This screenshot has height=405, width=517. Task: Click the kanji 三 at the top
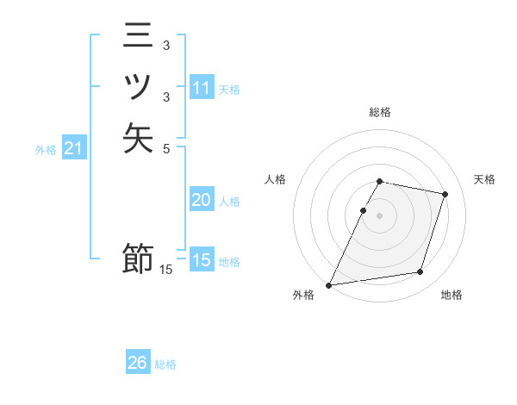coord(138,37)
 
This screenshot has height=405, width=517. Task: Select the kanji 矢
coord(138,138)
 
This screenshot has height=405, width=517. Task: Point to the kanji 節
coord(138,259)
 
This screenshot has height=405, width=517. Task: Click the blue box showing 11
coord(202,88)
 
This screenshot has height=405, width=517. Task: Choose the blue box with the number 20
coord(202,200)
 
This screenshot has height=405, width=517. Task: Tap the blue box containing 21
coord(74,149)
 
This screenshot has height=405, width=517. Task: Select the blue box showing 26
coord(138,363)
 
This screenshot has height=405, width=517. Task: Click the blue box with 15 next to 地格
coord(202,260)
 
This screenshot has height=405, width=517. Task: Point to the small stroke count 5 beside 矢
coord(167,148)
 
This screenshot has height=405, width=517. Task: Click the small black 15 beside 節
coord(166,270)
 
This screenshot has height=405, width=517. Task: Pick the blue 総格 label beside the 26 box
coord(165,364)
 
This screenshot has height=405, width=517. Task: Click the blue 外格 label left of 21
coord(46,150)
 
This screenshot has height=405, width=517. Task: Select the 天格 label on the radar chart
coord(484,179)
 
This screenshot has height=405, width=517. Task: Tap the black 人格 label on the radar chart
coord(276,179)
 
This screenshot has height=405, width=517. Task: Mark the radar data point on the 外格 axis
coord(329,284)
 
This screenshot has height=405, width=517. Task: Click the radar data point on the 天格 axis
coord(445,194)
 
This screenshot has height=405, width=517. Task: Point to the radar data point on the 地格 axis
coord(420,272)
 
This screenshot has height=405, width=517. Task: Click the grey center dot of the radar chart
coord(380,215)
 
